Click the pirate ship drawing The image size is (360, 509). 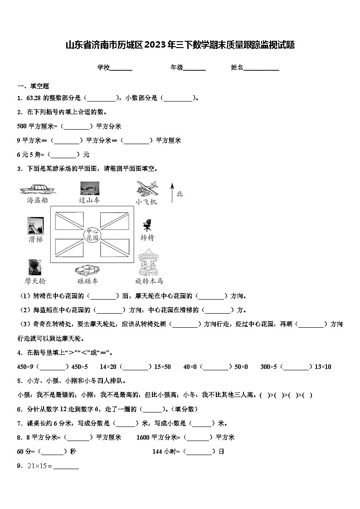(x=37, y=188)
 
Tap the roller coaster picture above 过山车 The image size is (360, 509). (x=89, y=188)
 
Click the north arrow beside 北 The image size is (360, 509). (x=172, y=193)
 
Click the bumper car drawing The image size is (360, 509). (x=88, y=269)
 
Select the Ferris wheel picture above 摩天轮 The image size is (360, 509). (x=35, y=267)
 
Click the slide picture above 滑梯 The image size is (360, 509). (x=35, y=225)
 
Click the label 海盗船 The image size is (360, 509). (x=37, y=200)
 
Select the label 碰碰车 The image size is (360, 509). (x=88, y=281)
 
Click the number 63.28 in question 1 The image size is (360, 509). (x=34, y=98)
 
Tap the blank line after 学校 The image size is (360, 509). (x=121, y=68)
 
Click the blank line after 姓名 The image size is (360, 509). (x=262, y=68)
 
